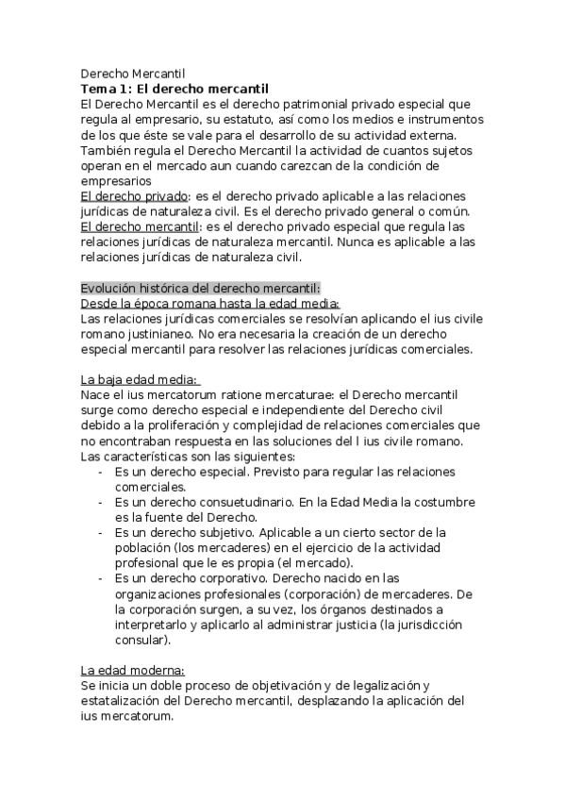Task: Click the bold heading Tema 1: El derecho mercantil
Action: pyautogui.click(x=168, y=88)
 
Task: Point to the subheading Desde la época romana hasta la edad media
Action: pyautogui.click(x=209, y=303)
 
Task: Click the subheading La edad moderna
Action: pyautogui.click(x=132, y=670)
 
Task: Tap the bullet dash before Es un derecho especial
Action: pyautogui.click(x=101, y=471)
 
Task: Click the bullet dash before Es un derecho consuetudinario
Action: pyautogui.click(x=101, y=502)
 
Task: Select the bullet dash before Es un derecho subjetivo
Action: pyautogui.click(x=101, y=532)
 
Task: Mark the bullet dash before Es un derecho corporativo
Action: pyautogui.click(x=101, y=578)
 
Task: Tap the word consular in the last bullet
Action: pyautogui.click(x=141, y=640)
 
